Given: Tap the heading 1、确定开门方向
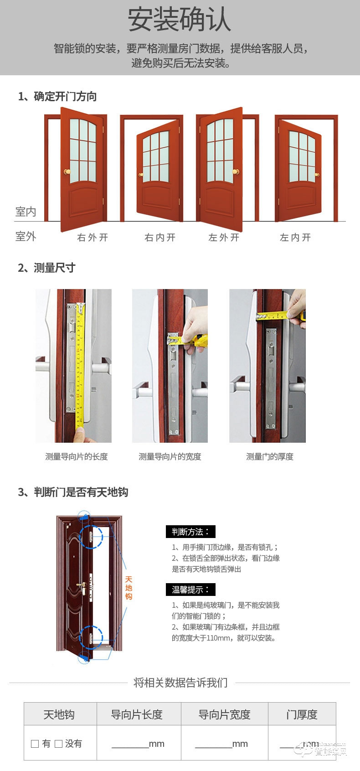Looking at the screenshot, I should pos(57,96).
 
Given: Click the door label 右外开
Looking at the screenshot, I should pos(93,237).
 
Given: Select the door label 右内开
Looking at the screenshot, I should pos(160,237).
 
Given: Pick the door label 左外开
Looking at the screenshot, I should pos(224,237).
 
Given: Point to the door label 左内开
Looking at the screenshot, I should pos(295,237).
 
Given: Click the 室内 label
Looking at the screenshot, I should pos(26,212).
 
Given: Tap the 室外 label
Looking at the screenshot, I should pos(26,236).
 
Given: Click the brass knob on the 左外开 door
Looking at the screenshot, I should pos(236,172).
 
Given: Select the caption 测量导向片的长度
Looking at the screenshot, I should pos(76,456).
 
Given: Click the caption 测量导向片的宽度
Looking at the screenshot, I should pos(170,456).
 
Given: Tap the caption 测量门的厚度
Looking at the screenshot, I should pos(270,456).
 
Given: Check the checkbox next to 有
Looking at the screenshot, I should pos(35,744).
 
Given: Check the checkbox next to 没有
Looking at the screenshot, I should pos(58,744).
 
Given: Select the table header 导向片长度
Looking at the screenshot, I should pos(137,714).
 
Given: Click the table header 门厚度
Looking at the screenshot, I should pos(302,714).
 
